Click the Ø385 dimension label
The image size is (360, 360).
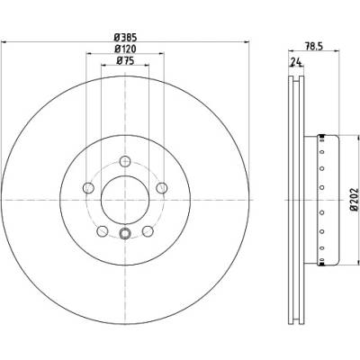click(125, 38)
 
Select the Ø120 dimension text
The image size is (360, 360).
click(125, 49)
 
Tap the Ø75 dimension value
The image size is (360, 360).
click(125, 60)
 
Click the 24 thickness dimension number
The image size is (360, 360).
click(296, 62)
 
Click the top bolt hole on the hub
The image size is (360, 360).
click(125, 161)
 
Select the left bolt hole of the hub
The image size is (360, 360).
click(88, 188)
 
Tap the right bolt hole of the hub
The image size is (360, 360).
click(162, 188)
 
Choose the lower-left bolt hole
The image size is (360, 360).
click(103, 231)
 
